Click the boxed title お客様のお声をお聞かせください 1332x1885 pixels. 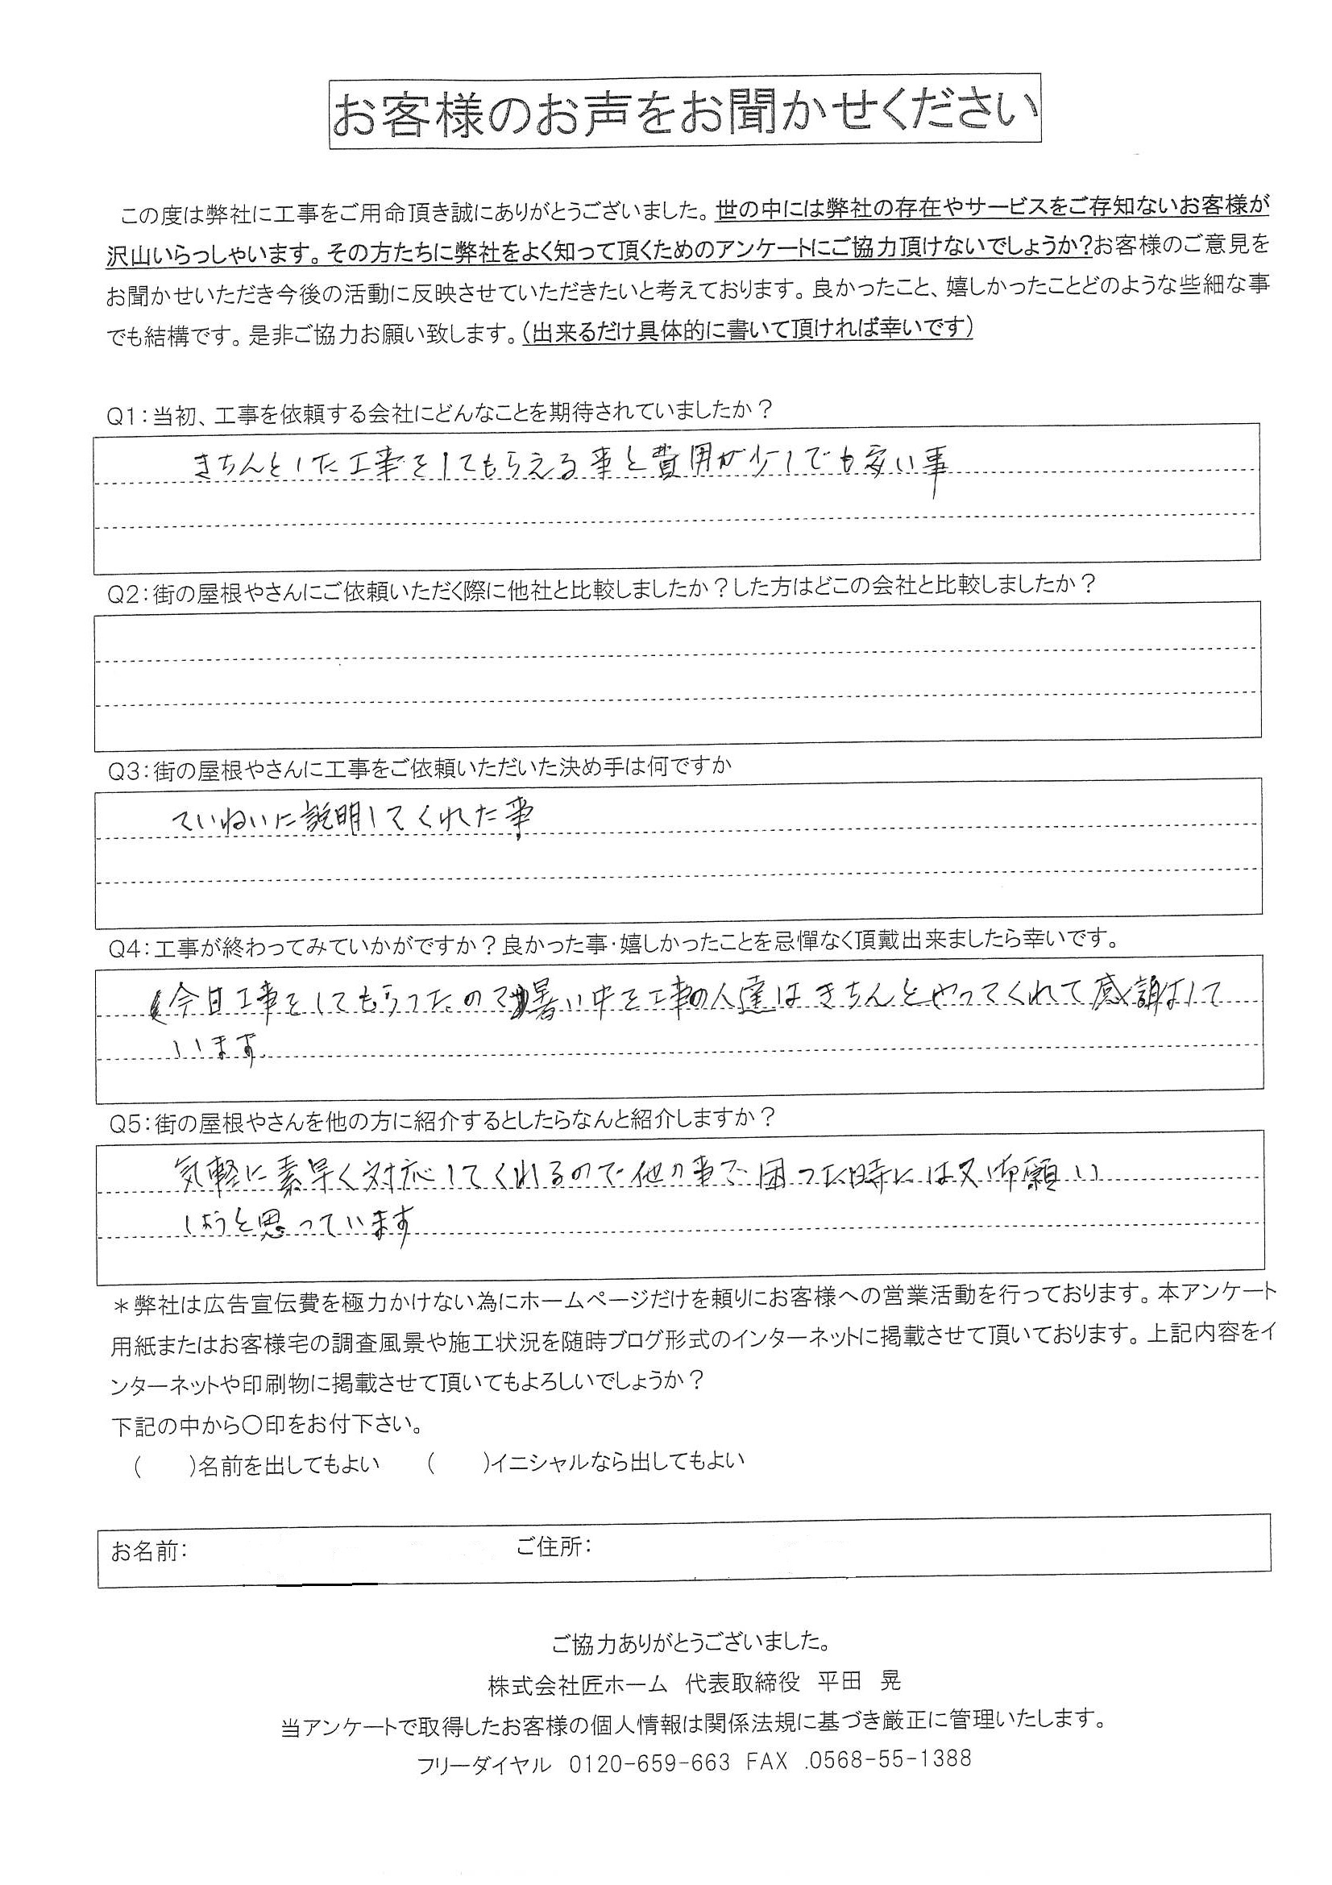(685, 112)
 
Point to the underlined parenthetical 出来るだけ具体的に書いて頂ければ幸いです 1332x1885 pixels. (748, 331)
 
